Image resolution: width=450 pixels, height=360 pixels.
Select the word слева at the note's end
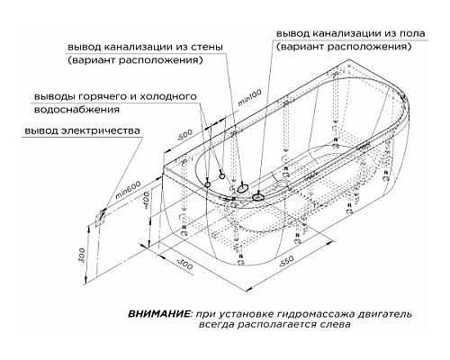point(334,327)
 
